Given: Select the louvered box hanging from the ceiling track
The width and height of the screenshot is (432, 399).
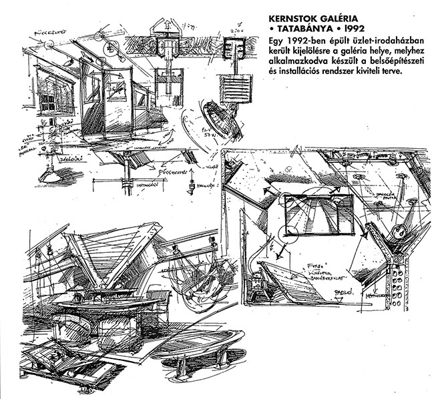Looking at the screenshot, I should tap(236, 87).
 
